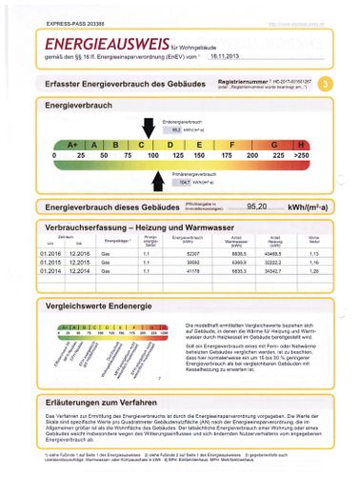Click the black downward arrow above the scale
pyautogui.click(x=149, y=127)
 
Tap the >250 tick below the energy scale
pyautogui.click(x=303, y=154)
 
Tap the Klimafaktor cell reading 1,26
pyautogui.click(x=314, y=270)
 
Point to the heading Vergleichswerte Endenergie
pyautogui.click(x=105, y=307)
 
